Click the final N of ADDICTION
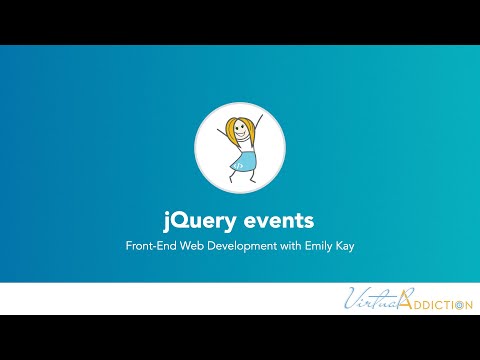[466, 303]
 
